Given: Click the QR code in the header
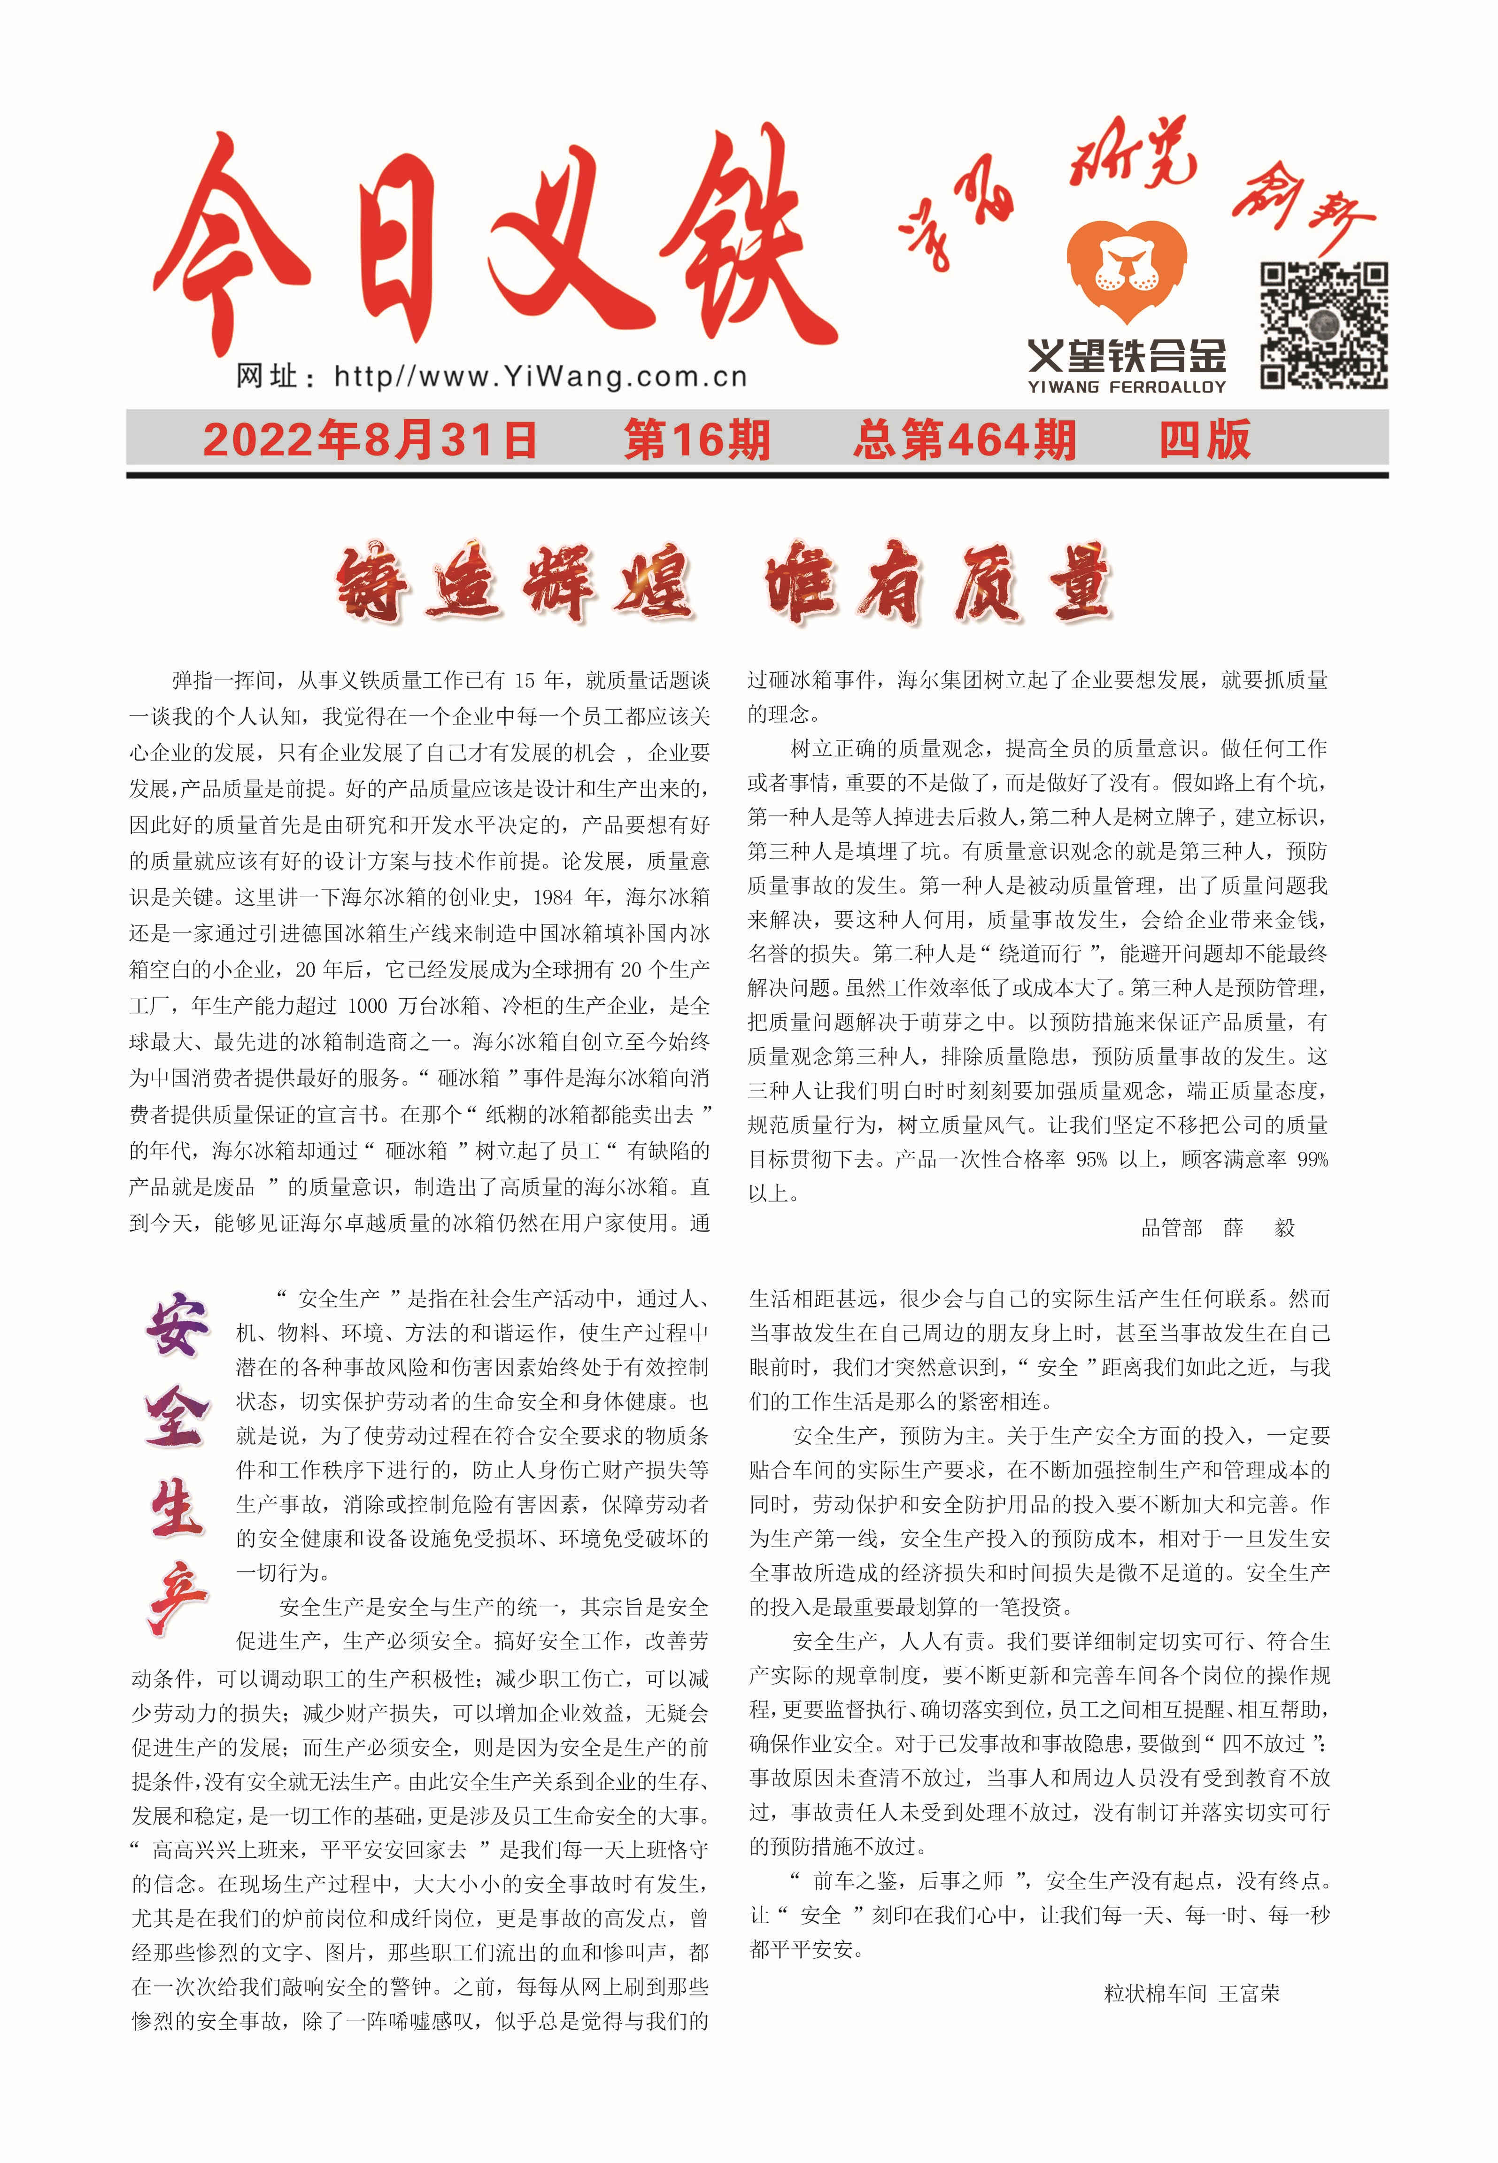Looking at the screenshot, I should (1323, 326).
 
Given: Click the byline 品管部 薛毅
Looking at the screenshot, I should (1217, 1227).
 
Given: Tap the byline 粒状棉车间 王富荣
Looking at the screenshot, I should (1191, 1994).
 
